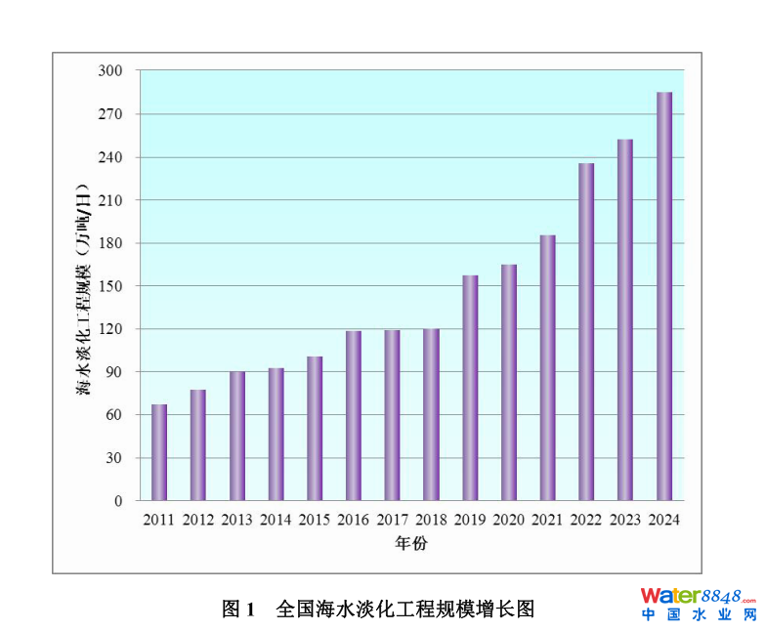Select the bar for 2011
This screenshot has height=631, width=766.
[159, 452]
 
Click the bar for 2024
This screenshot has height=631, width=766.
[664, 296]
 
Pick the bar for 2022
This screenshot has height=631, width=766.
[586, 332]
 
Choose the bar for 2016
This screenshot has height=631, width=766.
[354, 416]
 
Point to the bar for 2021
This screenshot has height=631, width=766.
[547, 367]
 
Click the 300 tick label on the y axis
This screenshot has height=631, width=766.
[110, 71]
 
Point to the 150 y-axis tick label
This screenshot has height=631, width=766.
[110, 286]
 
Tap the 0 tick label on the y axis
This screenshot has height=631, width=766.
[118, 501]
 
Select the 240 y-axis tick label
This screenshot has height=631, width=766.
[110, 157]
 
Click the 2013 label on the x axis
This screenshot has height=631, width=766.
[237, 520]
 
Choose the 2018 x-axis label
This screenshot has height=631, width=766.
[431, 520]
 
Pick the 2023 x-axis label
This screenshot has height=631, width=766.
[624, 520]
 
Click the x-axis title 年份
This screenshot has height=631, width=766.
[410, 543]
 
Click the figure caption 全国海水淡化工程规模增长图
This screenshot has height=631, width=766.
[405, 610]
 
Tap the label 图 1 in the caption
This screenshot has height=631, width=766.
[238, 610]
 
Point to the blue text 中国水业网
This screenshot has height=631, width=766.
[699, 615]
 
